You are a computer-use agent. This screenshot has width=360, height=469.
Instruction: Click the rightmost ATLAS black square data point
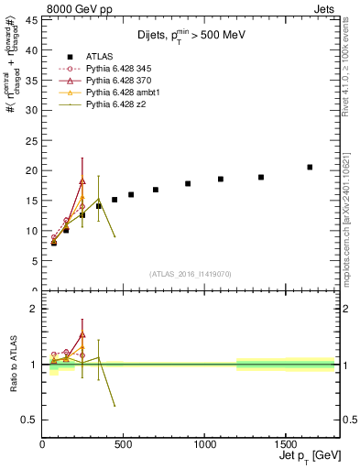coord(310,167)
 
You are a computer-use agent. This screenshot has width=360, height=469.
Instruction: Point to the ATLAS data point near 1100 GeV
coord(221,179)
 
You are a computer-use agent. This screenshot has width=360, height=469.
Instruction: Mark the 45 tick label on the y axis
coord(31,19)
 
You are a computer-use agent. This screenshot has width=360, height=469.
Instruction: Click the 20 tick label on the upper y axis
coord(31,170)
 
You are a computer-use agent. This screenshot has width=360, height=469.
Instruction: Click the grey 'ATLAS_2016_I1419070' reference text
coord(190,274)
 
